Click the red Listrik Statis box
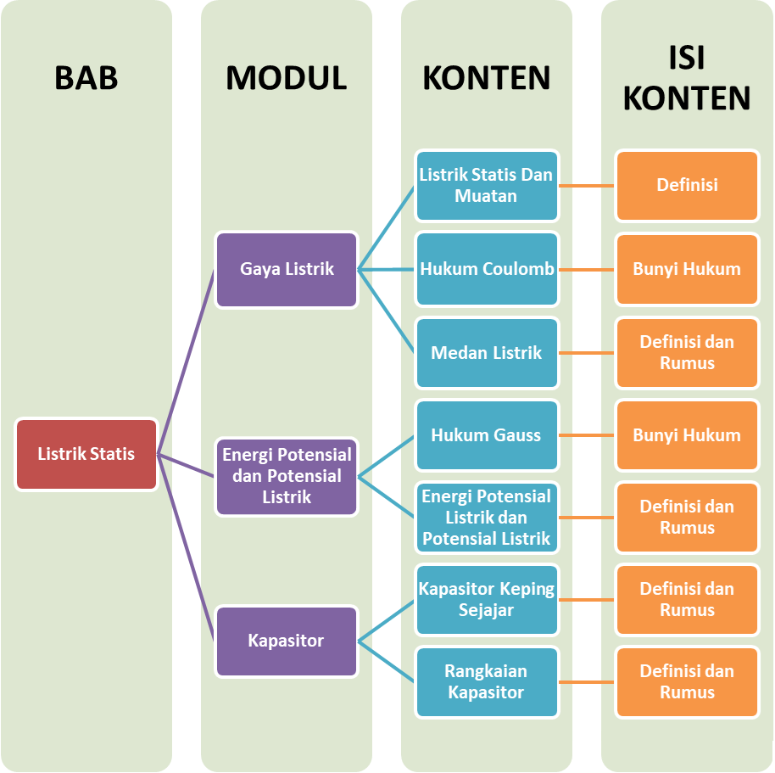86,454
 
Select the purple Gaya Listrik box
287,270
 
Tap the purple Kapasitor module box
287,641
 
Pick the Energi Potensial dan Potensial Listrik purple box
287,476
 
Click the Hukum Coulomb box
487,270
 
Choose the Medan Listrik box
487,352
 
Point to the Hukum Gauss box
487,435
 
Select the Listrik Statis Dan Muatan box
487,186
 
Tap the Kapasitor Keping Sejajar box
487,600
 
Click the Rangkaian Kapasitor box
487,682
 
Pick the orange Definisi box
687,186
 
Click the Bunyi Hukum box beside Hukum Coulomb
687,270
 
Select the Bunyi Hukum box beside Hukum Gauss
687,435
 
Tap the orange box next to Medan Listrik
687,352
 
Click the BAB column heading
86,78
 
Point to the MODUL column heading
287,78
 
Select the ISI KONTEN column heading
687,78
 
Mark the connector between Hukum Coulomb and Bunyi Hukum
587,271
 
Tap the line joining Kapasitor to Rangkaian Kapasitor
387,662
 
